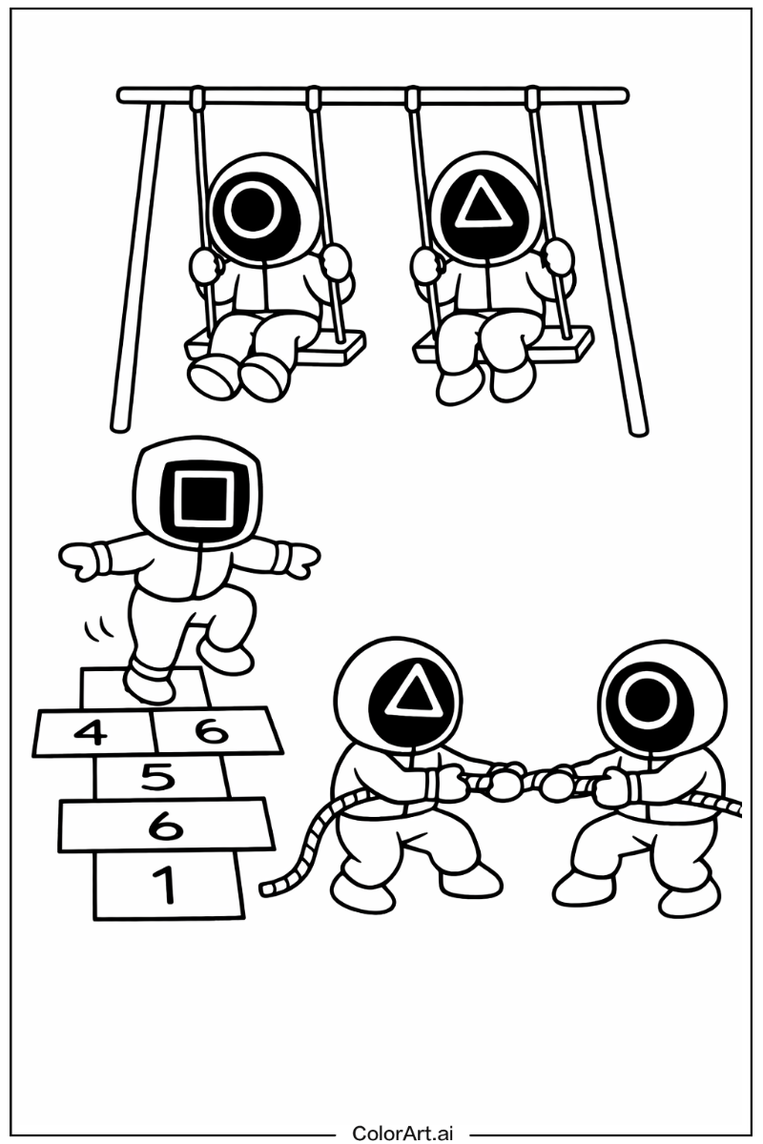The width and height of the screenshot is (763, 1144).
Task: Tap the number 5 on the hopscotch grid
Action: coord(159,777)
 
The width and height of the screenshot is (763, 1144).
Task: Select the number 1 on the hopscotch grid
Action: coord(165,885)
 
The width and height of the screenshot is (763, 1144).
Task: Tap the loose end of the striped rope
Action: coord(265,889)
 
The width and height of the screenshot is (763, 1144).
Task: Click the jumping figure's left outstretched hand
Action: coord(77,562)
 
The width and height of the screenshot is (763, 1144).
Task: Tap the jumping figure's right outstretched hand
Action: coord(302,561)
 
